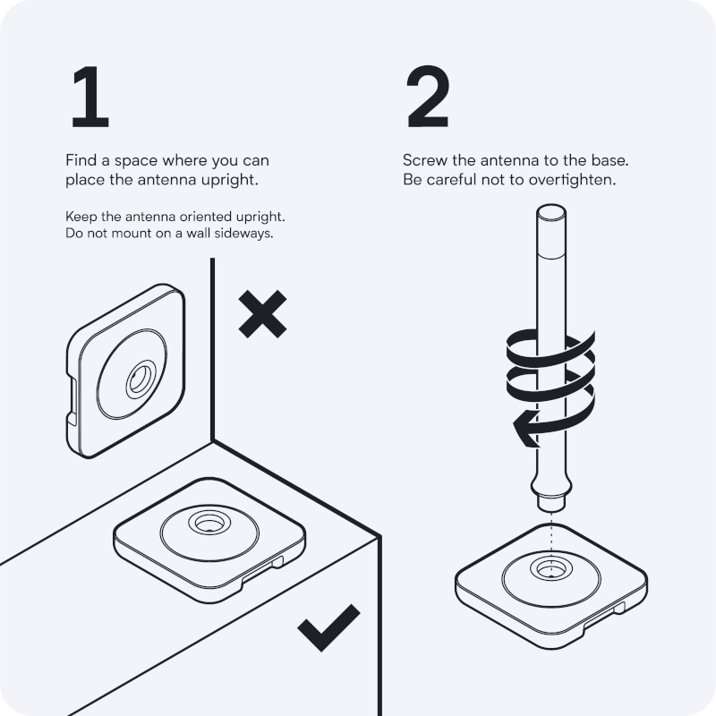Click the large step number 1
[x=90, y=98]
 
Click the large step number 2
[x=428, y=98]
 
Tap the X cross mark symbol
[x=262, y=313]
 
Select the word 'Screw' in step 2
[x=424, y=161]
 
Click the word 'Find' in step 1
[x=81, y=161]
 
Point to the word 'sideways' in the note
[x=243, y=234]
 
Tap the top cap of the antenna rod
[x=549, y=214]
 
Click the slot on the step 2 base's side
[x=618, y=609]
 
